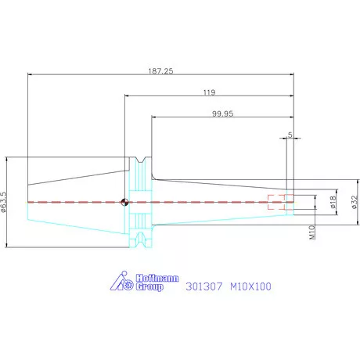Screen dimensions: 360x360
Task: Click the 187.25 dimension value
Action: pos(160,71)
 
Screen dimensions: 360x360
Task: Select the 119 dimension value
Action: pos(209,92)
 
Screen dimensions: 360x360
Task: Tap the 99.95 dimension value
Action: pos(222,113)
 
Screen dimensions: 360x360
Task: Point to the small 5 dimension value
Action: pos(290,135)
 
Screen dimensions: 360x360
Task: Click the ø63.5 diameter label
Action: pos(4,202)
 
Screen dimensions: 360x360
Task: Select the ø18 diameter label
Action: pos(333,202)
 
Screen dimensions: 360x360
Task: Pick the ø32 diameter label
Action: pos(355,202)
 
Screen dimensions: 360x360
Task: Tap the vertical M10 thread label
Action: pos(312,232)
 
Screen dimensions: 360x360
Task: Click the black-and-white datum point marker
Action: pos(124,202)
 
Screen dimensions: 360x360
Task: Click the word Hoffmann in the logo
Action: pos(157,278)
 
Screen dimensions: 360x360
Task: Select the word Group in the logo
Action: pos(149,286)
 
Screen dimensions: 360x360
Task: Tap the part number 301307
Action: pos(204,286)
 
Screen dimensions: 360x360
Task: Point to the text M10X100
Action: pos(250,286)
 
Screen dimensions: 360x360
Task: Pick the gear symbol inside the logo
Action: pos(128,285)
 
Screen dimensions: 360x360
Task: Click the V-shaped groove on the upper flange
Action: pos(141,160)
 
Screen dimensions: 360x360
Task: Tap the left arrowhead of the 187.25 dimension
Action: pos(30,74)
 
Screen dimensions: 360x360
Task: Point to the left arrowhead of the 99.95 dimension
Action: pos(153,117)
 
